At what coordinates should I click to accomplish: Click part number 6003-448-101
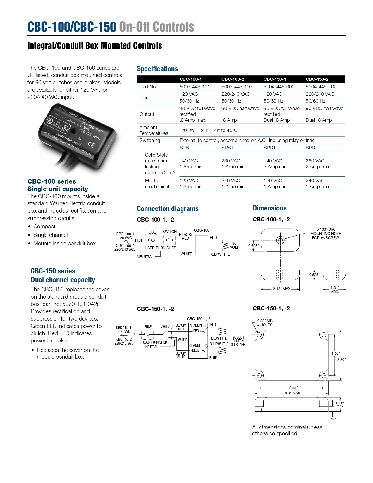pyautogui.click(x=195, y=87)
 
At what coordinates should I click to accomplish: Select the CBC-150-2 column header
pyautogui.click(x=317, y=79)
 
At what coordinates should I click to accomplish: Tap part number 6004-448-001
pyautogui.click(x=279, y=87)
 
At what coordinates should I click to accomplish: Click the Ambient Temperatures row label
pyautogui.click(x=154, y=130)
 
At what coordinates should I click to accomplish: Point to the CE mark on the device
pyautogui.click(x=91, y=145)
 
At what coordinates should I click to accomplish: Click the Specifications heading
pyautogui.click(x=157, y=69)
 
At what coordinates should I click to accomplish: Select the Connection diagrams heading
pyautogui.click(x=168, y=209)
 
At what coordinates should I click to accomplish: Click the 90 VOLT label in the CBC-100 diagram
pyautogui.click(x=234, y=245)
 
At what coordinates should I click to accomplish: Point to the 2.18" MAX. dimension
pyautogui.click(x=282, y=289)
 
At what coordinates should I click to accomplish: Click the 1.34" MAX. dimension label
pyautogui.click(x=334, y=290)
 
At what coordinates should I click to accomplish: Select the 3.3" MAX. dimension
pyautogui.click(x=293, y=393)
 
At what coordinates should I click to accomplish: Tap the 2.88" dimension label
pyautogui.click(x=293, y=388)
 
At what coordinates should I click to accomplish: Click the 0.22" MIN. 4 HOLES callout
pyautogui.click(x=265, y=323)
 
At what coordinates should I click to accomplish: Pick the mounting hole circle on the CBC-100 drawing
pyautogui.click(x=280, y=240)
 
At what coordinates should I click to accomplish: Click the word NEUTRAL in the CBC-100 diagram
pyautogui.click(x=145, y=257)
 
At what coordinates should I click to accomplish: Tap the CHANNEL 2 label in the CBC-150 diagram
pyautogui.click(x=198, y=346)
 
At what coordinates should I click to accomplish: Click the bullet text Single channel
pyautogui.click(x=50, y=235)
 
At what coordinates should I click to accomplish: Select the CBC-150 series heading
pyautogui.click(x=53, y=271)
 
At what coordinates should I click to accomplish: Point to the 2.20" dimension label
pyautogui.click(x=341, y=360)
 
